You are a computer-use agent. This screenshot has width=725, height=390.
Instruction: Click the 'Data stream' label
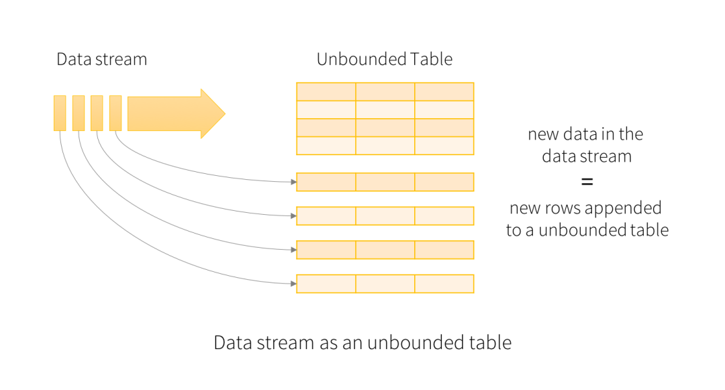click(x=102, y=60)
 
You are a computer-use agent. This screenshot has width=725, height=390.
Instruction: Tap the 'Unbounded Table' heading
click(x=385, y=60)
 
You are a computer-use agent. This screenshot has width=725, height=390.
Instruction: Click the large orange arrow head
click(x=213, y=113)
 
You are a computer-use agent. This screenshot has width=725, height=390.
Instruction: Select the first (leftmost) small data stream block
click(x=60, y=113)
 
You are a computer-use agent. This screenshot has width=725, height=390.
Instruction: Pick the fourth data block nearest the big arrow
click(x=115, y=113)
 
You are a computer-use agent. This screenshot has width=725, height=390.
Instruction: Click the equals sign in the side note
click(x=587, y=182)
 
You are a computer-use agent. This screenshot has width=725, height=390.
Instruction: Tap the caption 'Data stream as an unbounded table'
click(x=362, y=343)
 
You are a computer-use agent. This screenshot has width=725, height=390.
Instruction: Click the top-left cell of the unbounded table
click(x=326, y=91)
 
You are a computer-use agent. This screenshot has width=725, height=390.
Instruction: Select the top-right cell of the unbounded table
click(x=444, y=91)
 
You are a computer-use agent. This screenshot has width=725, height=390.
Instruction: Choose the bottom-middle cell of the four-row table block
click(x=385, y=146)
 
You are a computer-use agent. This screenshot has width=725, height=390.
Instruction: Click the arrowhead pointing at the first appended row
click(x=293, y=182)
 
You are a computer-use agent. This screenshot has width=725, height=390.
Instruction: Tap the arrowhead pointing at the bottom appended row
click(x=293, y=284)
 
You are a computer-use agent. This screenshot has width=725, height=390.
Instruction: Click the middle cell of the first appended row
click(x=385, y=182)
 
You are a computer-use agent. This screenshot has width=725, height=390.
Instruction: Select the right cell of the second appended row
click(x=444, y=215)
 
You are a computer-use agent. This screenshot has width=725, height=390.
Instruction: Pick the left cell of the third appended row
click(x=326, y=250)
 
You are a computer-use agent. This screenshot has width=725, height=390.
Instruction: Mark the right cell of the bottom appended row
click(x=444, y=284)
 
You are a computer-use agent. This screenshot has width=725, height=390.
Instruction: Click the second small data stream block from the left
click(x=79, y=113)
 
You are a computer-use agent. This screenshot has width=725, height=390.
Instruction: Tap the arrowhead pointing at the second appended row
click(x=293, y=215)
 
